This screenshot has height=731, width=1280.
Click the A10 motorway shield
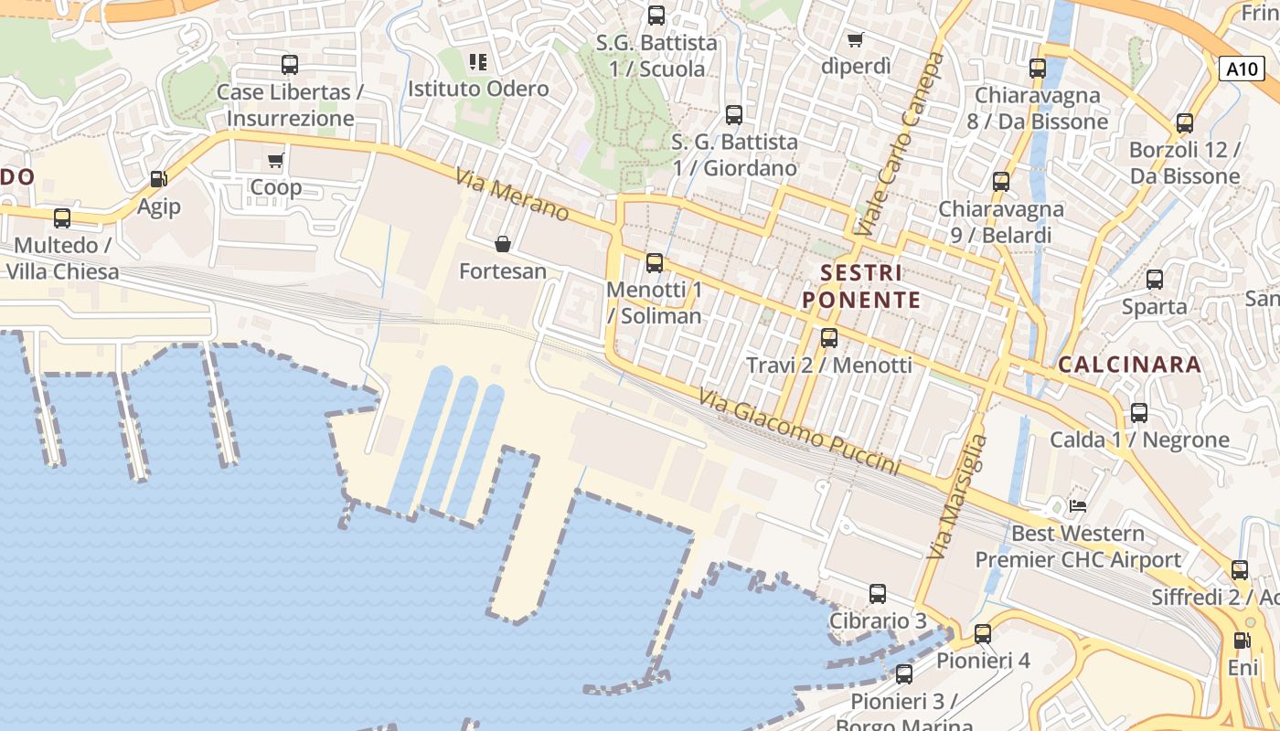pos(1241,69)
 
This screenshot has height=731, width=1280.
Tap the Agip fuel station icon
pos(159,179)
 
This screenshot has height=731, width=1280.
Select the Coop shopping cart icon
pos(276,161)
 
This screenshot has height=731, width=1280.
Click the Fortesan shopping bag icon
pos(503,244)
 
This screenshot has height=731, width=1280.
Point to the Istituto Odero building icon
pos(478,62)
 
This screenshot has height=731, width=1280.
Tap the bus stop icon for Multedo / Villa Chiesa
pos(62,218)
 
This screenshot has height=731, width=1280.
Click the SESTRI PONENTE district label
pos(861,286)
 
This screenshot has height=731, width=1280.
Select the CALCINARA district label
pos(1129,365)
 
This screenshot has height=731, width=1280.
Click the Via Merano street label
pos(512,196)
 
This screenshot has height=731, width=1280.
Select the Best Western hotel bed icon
pos(1079,505)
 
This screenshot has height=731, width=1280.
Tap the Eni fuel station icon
pos(1242,641)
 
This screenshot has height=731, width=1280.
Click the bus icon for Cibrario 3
pos(878,594)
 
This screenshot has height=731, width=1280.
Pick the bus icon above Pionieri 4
pos(983,633)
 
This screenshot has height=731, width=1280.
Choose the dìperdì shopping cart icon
pos(856,39)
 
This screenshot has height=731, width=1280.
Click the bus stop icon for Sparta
pos(1155,280)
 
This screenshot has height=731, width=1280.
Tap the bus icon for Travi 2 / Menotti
pos(829,338)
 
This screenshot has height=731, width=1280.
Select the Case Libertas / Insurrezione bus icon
pos(290,65)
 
